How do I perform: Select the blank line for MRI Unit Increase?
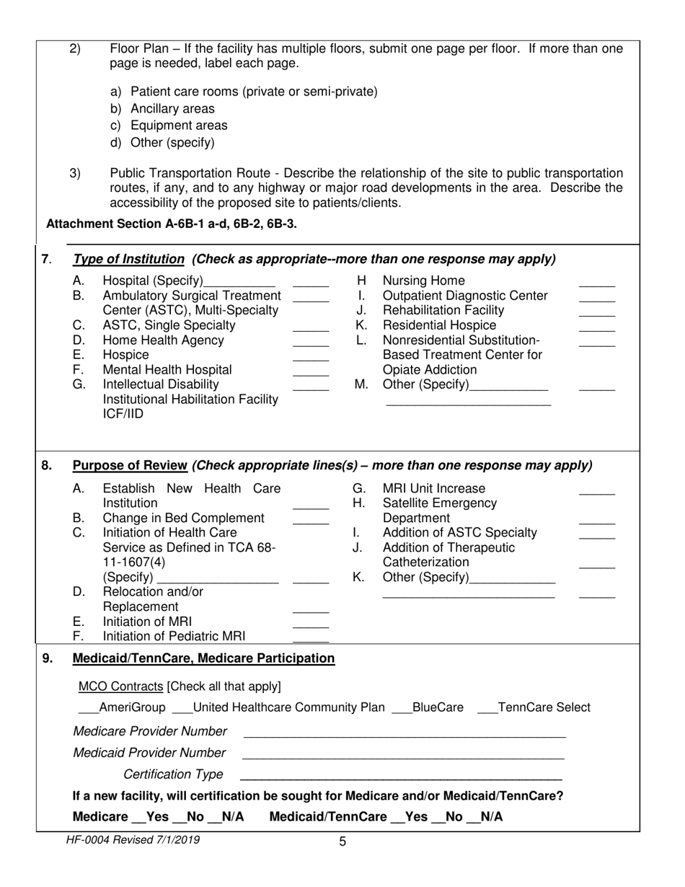pyautogui.click(x=597, y=493)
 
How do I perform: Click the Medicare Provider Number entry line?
pyautogui.click(x=404, y=736)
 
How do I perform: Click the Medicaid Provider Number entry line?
pyautogui.click(x=402, y=757)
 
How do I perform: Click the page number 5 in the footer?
pyautogui.click(x=342, y=841)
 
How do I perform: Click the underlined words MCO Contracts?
pyautogui.click(x=120, y=685)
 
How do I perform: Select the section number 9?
pyautogui.click(x=48, y=658)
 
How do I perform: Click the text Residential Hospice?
pyautogui.click(x=439, y=325)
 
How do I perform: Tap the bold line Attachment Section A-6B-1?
pyautogui.click(x=171, y=224)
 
